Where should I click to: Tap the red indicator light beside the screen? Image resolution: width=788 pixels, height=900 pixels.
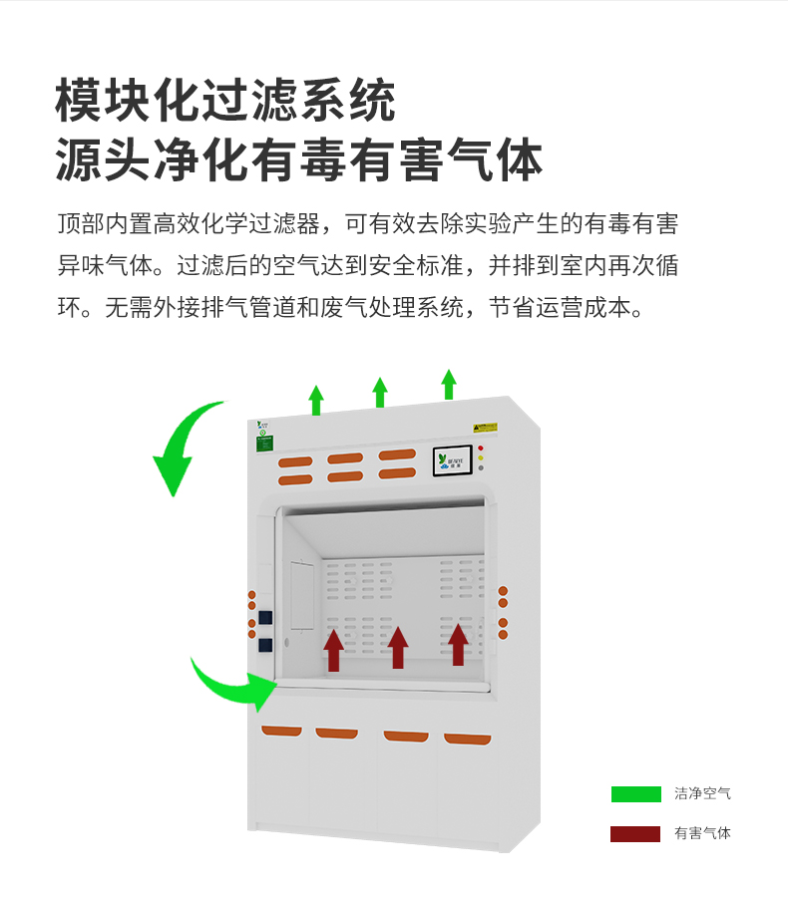480,449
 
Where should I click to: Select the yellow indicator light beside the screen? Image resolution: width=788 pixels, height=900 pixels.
480,457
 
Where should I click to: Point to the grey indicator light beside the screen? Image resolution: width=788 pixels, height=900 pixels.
480,467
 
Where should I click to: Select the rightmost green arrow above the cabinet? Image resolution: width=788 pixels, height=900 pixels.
449,385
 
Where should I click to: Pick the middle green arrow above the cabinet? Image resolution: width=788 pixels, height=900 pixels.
380,393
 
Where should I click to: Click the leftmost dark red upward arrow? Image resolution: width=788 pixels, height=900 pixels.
333,649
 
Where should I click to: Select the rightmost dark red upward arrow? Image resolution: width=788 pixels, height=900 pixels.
458,643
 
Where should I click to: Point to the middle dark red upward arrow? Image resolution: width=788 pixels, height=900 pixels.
398,647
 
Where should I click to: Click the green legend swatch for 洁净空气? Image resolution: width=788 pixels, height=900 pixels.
635,794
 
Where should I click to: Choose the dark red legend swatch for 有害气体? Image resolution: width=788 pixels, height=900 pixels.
635,834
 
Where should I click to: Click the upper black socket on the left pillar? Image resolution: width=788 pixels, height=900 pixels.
265,616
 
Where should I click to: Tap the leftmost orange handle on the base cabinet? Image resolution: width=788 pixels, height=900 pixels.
281,732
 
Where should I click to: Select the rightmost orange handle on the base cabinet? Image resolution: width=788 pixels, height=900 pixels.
467,739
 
